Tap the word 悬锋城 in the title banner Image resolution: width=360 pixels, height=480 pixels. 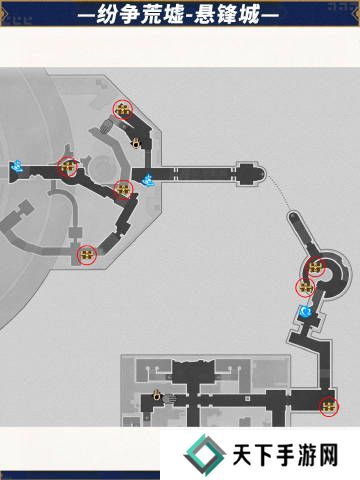[x=227, y=15]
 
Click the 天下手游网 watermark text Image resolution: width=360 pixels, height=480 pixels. [x=285, y=455]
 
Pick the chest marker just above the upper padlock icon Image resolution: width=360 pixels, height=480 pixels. [x=122, y=109]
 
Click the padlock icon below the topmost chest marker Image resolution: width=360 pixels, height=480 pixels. [x=136, y=143]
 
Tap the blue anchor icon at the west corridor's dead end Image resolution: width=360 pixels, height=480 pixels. [x=16, y=166]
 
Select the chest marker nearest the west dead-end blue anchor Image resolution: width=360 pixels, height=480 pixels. [x=68, y=166]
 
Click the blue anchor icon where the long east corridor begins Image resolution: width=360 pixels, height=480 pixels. [x=148, y=180]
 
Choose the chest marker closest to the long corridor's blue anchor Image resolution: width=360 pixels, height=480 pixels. [x=123, y=189]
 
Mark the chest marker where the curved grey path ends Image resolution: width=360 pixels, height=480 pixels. [x=87, y=255]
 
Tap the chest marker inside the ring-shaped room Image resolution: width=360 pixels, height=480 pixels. [x=315, y=267]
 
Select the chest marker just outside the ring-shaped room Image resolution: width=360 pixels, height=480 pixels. [x=305, y=287]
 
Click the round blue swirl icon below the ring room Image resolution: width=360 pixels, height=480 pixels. [x=305, y=312]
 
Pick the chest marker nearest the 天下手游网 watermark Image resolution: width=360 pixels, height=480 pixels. [x=329, y=407]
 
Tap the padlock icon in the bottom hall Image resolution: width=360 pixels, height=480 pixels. [x=156, y=395]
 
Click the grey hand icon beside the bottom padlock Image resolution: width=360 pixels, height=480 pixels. [x=169, y=399]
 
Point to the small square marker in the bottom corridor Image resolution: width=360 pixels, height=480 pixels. [x=247, y=398]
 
